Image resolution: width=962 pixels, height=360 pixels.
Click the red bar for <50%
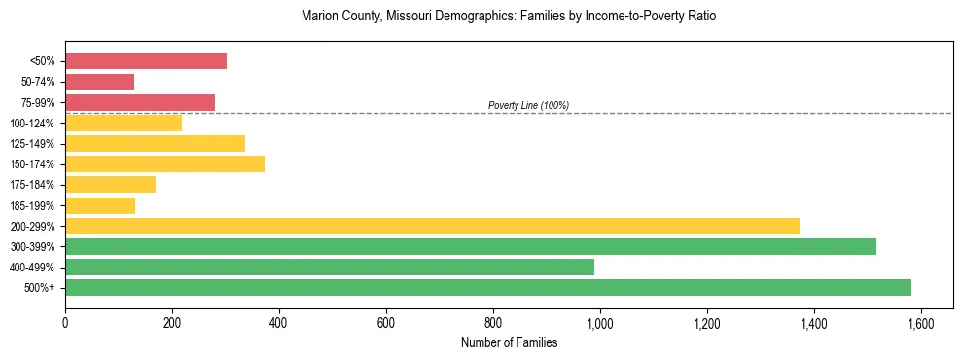(x=146, y=61)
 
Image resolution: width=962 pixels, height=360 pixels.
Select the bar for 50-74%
(x=99, y=82)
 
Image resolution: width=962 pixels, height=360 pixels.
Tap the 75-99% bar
(x=140, y=102)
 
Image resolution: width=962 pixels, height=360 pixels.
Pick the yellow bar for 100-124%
(x=124, y=123)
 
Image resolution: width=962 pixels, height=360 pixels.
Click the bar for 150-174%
(x=164, y=163)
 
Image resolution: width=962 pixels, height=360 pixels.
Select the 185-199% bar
(x=100, y=205)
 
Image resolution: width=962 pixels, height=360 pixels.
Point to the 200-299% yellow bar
(x=432, y=226)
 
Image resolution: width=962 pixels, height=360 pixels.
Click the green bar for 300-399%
(x=471, y=246)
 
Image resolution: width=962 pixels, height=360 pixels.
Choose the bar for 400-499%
(x=330, y=267)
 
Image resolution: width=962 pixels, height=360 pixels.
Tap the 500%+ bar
(x=488, y=287)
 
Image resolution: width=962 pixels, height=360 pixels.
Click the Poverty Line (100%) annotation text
(x=528, y=105)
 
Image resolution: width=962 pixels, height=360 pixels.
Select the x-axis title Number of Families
(x=509, y=342)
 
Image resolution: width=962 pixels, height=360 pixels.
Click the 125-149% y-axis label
(x=33, y=144)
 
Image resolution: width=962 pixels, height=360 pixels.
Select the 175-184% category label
(x=33, y=185)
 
